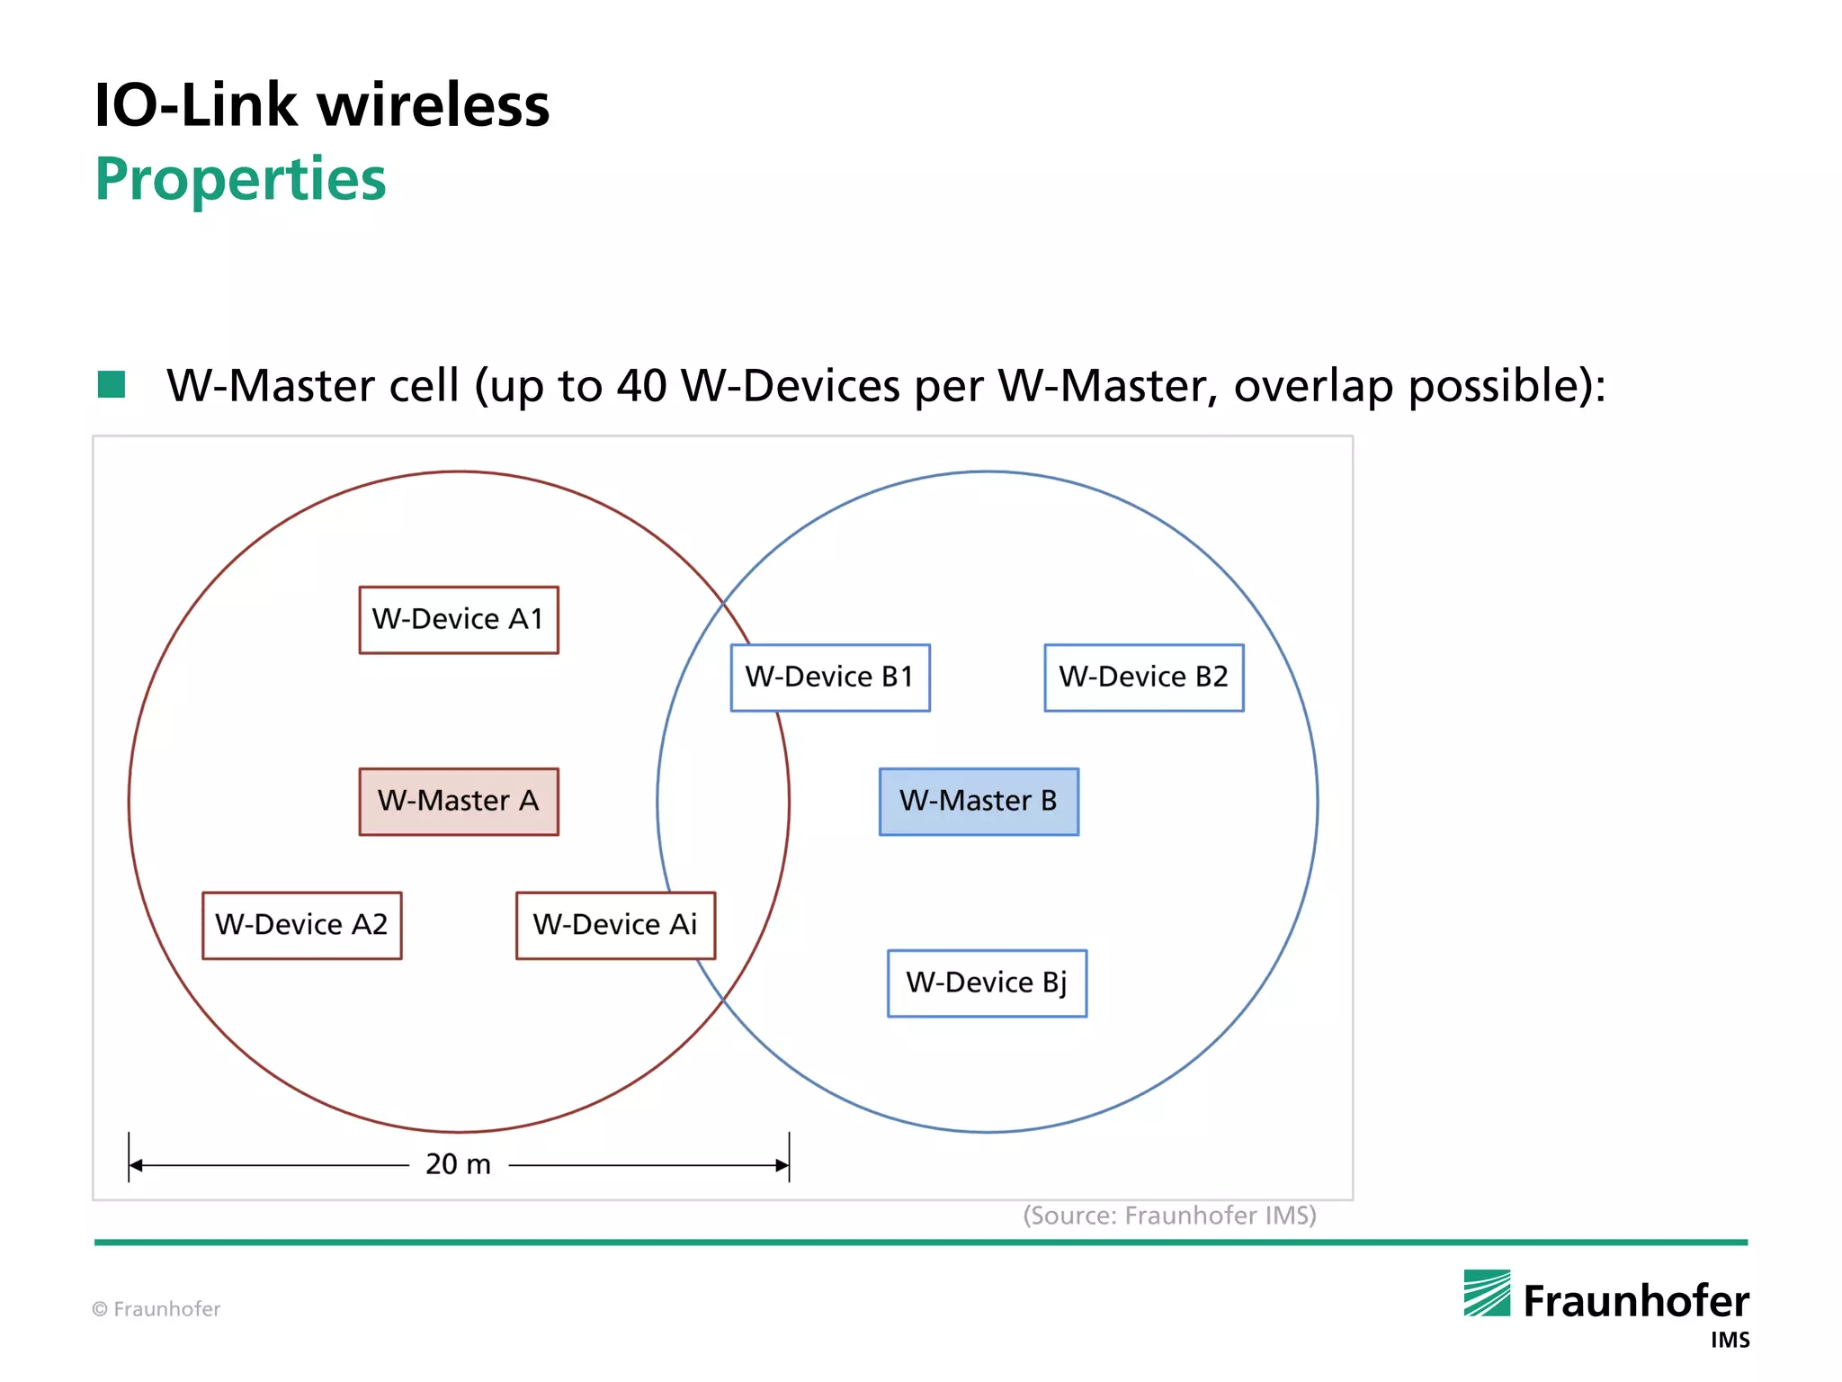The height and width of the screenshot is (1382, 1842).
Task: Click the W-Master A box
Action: [459, 801]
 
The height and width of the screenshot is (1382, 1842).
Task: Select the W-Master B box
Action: [979, 801]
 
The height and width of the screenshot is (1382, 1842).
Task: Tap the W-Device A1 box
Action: [459, 619]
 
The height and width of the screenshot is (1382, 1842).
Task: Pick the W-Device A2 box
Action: [302, 925]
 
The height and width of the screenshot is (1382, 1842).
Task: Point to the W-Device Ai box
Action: [615, 925]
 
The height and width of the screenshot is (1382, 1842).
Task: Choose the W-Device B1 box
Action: [830, 677]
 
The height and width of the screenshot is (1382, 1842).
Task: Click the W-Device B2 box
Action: [1144, 677]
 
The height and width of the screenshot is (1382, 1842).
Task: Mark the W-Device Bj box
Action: [987, 983]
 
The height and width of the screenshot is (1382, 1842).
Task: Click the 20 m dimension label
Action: [459, 1164]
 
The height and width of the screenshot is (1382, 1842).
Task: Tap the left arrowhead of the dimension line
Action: [136, 1165]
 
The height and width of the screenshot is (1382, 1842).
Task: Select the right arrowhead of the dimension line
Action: [782, 1165]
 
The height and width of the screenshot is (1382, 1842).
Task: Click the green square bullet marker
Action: [112, 384]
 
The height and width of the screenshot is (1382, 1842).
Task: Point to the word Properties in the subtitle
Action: [241, 179]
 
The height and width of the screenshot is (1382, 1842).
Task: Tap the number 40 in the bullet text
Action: [641, 386]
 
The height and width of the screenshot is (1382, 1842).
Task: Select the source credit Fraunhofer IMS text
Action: [1169, 1216]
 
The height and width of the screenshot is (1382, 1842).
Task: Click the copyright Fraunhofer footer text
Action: [156, 1309]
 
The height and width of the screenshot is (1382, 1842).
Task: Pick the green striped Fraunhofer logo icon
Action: [1487, 1293]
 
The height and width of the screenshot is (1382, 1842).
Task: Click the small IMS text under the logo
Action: [1730, 1341]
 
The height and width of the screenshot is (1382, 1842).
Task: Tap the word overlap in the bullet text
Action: [1313, 386]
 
